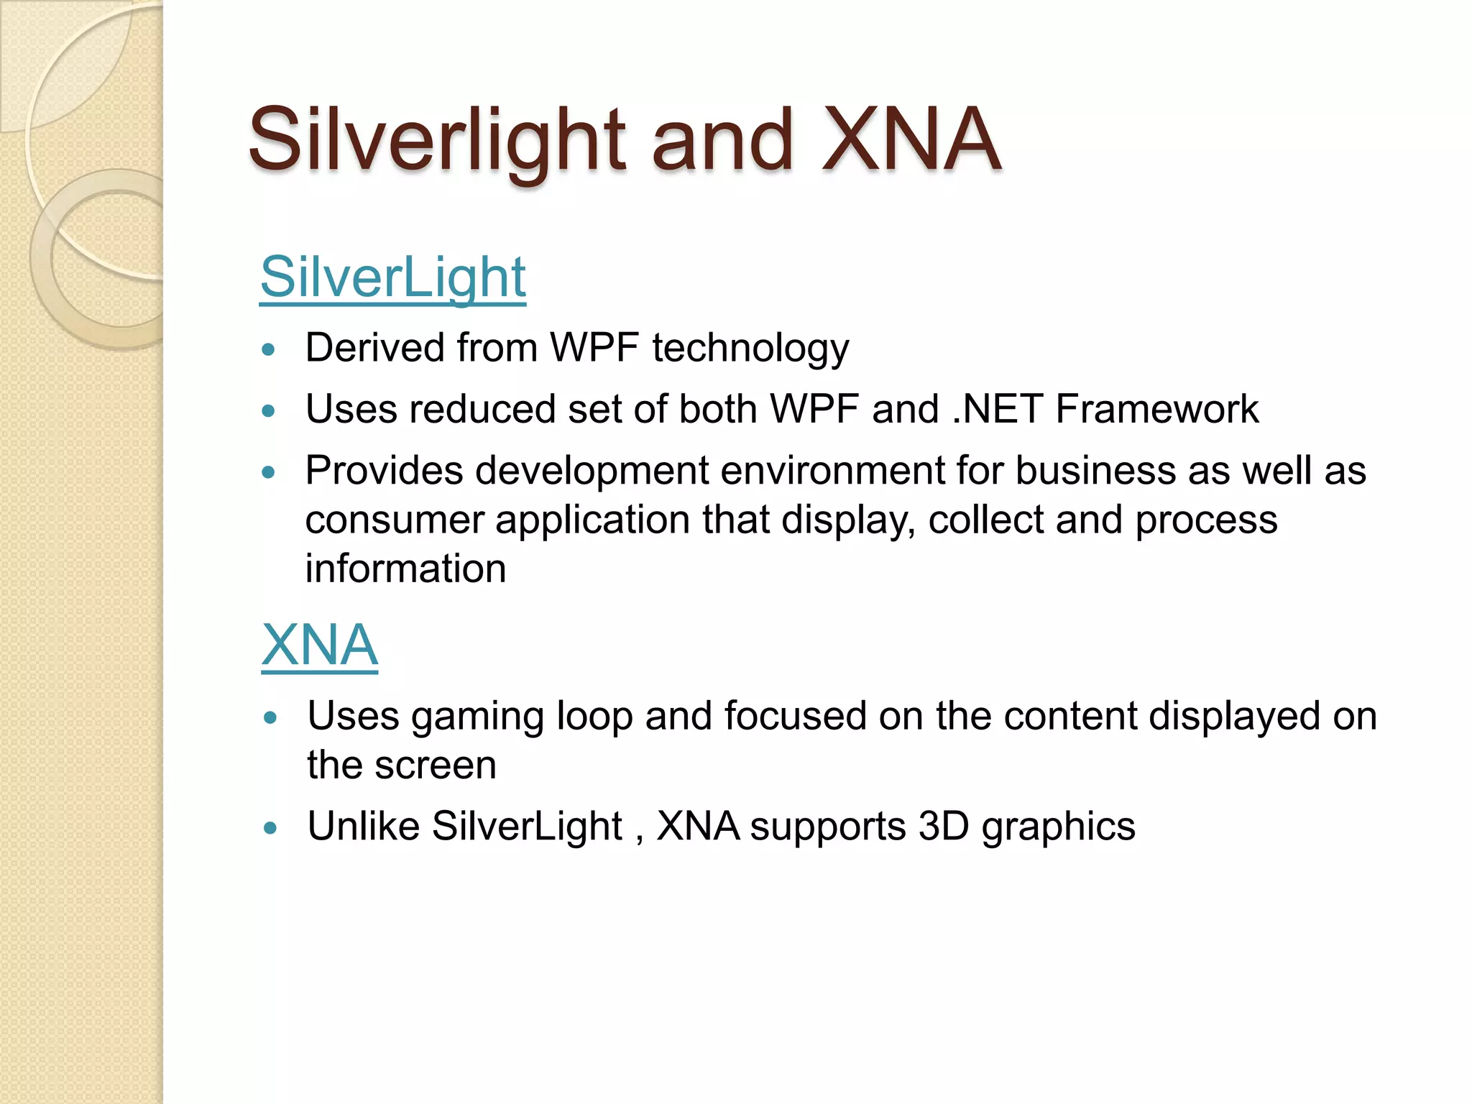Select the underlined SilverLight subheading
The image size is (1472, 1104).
click(392, 277)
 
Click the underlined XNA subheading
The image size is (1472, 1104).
click(319, 645)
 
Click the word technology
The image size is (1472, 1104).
click(750, 349)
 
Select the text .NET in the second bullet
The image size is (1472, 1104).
click(996, 409)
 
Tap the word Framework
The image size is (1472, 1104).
click(1157, 409)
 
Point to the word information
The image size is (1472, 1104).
click(405, 569)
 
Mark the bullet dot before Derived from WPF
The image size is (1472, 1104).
click(269, 350)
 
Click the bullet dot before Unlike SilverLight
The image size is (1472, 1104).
click(270, 828)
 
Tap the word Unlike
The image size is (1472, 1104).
click(364, 826)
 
